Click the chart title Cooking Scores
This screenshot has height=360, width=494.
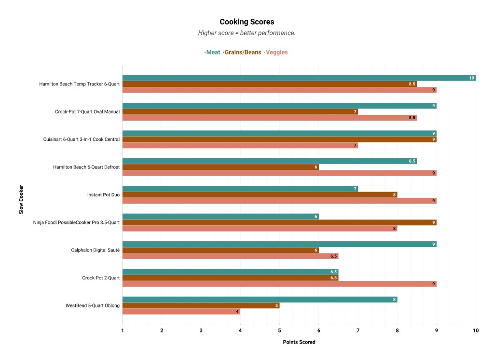coord(247,22)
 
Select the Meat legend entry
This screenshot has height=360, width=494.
coord(213,52)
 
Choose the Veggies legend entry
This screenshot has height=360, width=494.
coord(276,52)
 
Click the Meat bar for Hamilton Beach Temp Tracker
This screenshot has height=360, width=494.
coord(299,78)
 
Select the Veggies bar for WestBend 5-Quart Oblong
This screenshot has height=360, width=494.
coord(181,312)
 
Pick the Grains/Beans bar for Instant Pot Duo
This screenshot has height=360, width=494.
coord(260,195)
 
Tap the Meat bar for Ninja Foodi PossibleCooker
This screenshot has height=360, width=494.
coord(220,217)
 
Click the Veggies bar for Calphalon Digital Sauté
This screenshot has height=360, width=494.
coord(230,256)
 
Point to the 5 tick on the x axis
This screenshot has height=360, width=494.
coord(279,330)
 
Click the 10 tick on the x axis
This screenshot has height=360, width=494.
coord(476,330)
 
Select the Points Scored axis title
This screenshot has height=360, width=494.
coord(299,342)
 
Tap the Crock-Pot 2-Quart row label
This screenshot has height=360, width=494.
coord(101,278)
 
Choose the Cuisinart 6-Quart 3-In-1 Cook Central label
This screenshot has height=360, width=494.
coord(82,139)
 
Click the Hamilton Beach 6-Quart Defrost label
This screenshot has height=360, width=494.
coord(86,167)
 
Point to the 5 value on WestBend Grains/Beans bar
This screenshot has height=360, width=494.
coord(276,305)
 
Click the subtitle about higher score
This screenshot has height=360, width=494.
coord(247,33)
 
